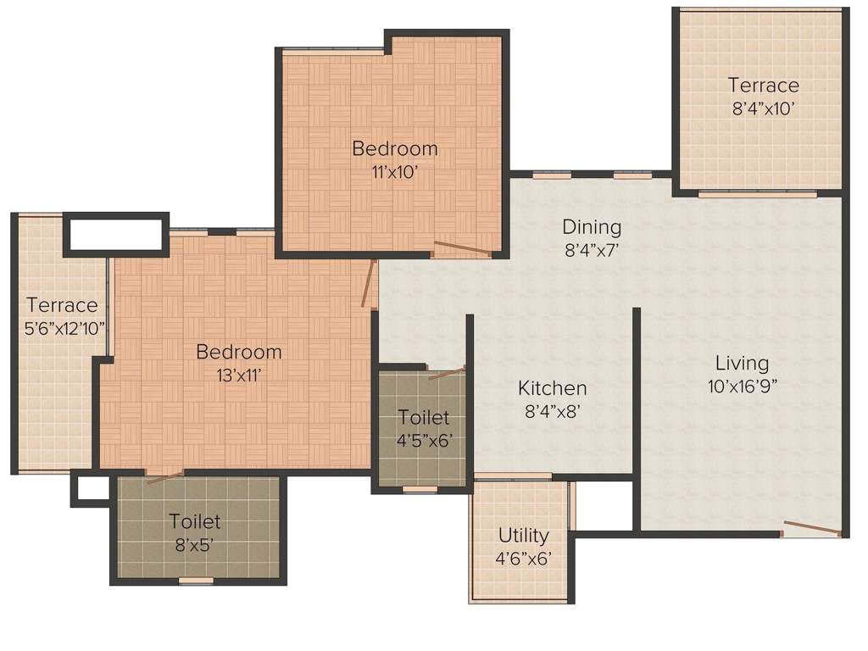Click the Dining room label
[592, 227]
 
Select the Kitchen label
[553, 388]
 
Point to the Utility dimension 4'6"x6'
[523, 558]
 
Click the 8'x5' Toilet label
[195, 521]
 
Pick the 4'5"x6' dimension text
[424, 440]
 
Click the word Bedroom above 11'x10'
[395, 149]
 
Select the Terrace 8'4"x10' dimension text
[763, 108]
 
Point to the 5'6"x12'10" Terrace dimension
[61, 326]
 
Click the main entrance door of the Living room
[811, 529]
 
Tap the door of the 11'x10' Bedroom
[462, 248]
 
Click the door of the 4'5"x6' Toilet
[446, 372]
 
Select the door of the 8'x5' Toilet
[164, 477]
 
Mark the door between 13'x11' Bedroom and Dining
[368, 283]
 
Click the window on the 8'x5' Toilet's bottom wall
[196, 581]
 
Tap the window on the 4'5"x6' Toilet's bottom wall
[420, 489]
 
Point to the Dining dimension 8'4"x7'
[592, 250]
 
